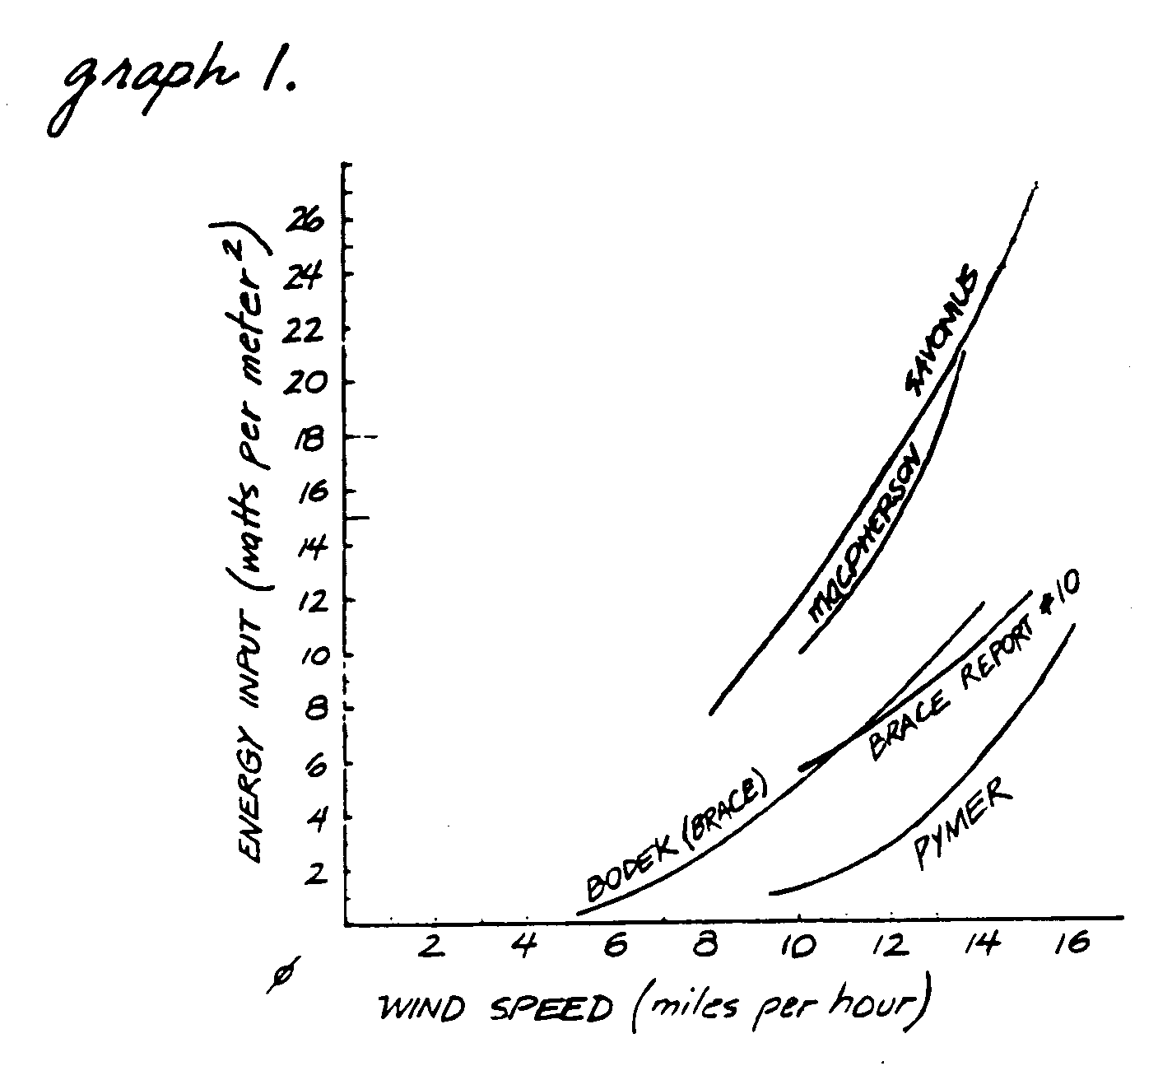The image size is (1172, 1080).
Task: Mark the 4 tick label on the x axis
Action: (524, 947)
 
